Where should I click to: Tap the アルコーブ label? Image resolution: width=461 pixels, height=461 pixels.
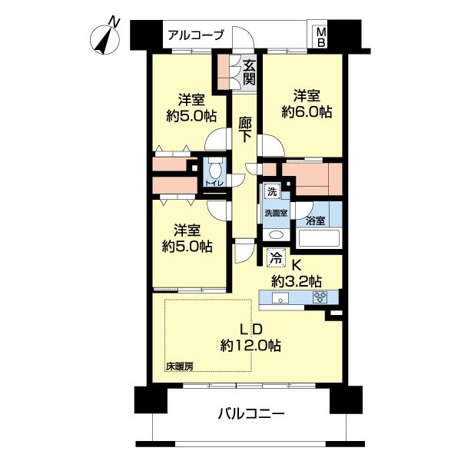[x=196, y=35]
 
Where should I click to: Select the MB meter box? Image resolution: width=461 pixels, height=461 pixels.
[x=321, y=36]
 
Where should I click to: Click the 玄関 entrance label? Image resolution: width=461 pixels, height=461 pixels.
[x=250, y=71]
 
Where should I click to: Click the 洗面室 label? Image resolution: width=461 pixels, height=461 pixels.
[x=276, y=213]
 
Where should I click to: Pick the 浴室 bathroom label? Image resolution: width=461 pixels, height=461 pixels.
[x=316, y=221]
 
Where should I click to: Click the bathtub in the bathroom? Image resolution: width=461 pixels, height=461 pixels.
[x=319, y=237]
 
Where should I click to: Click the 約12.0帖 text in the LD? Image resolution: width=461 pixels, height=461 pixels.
[x=250, y=345]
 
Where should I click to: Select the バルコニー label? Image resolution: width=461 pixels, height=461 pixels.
[x=250, y=414]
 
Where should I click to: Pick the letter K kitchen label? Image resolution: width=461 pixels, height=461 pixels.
[x=294, y=263]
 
